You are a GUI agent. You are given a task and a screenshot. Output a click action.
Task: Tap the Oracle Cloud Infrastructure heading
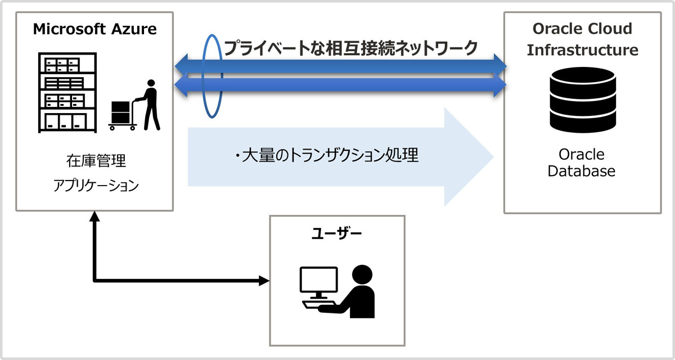click(x=582, y=39)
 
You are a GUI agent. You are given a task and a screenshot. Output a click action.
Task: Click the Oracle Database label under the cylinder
click(x=582, y=163)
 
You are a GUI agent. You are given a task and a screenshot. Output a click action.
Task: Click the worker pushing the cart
click(x=150, y=104)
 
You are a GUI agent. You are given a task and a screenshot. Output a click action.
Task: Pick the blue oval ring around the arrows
click(x=212, y=76)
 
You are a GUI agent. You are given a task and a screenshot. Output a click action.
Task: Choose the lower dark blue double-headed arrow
click(x=341, y=86)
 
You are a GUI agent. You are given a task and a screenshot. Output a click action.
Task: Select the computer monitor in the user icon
click(x=318, y=281)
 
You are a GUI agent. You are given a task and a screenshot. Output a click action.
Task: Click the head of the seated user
click(x=362, y=275)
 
